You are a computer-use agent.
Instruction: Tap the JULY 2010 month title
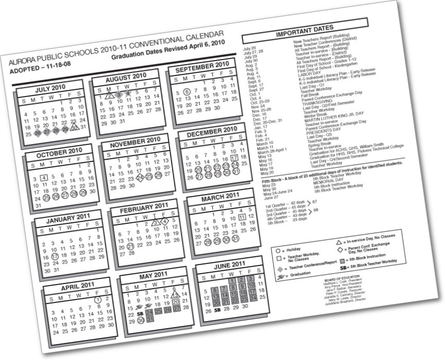[x=49, y=88]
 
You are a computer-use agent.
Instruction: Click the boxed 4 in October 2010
[x=44, y=178]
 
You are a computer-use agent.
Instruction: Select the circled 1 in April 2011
[x=98, y=300]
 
